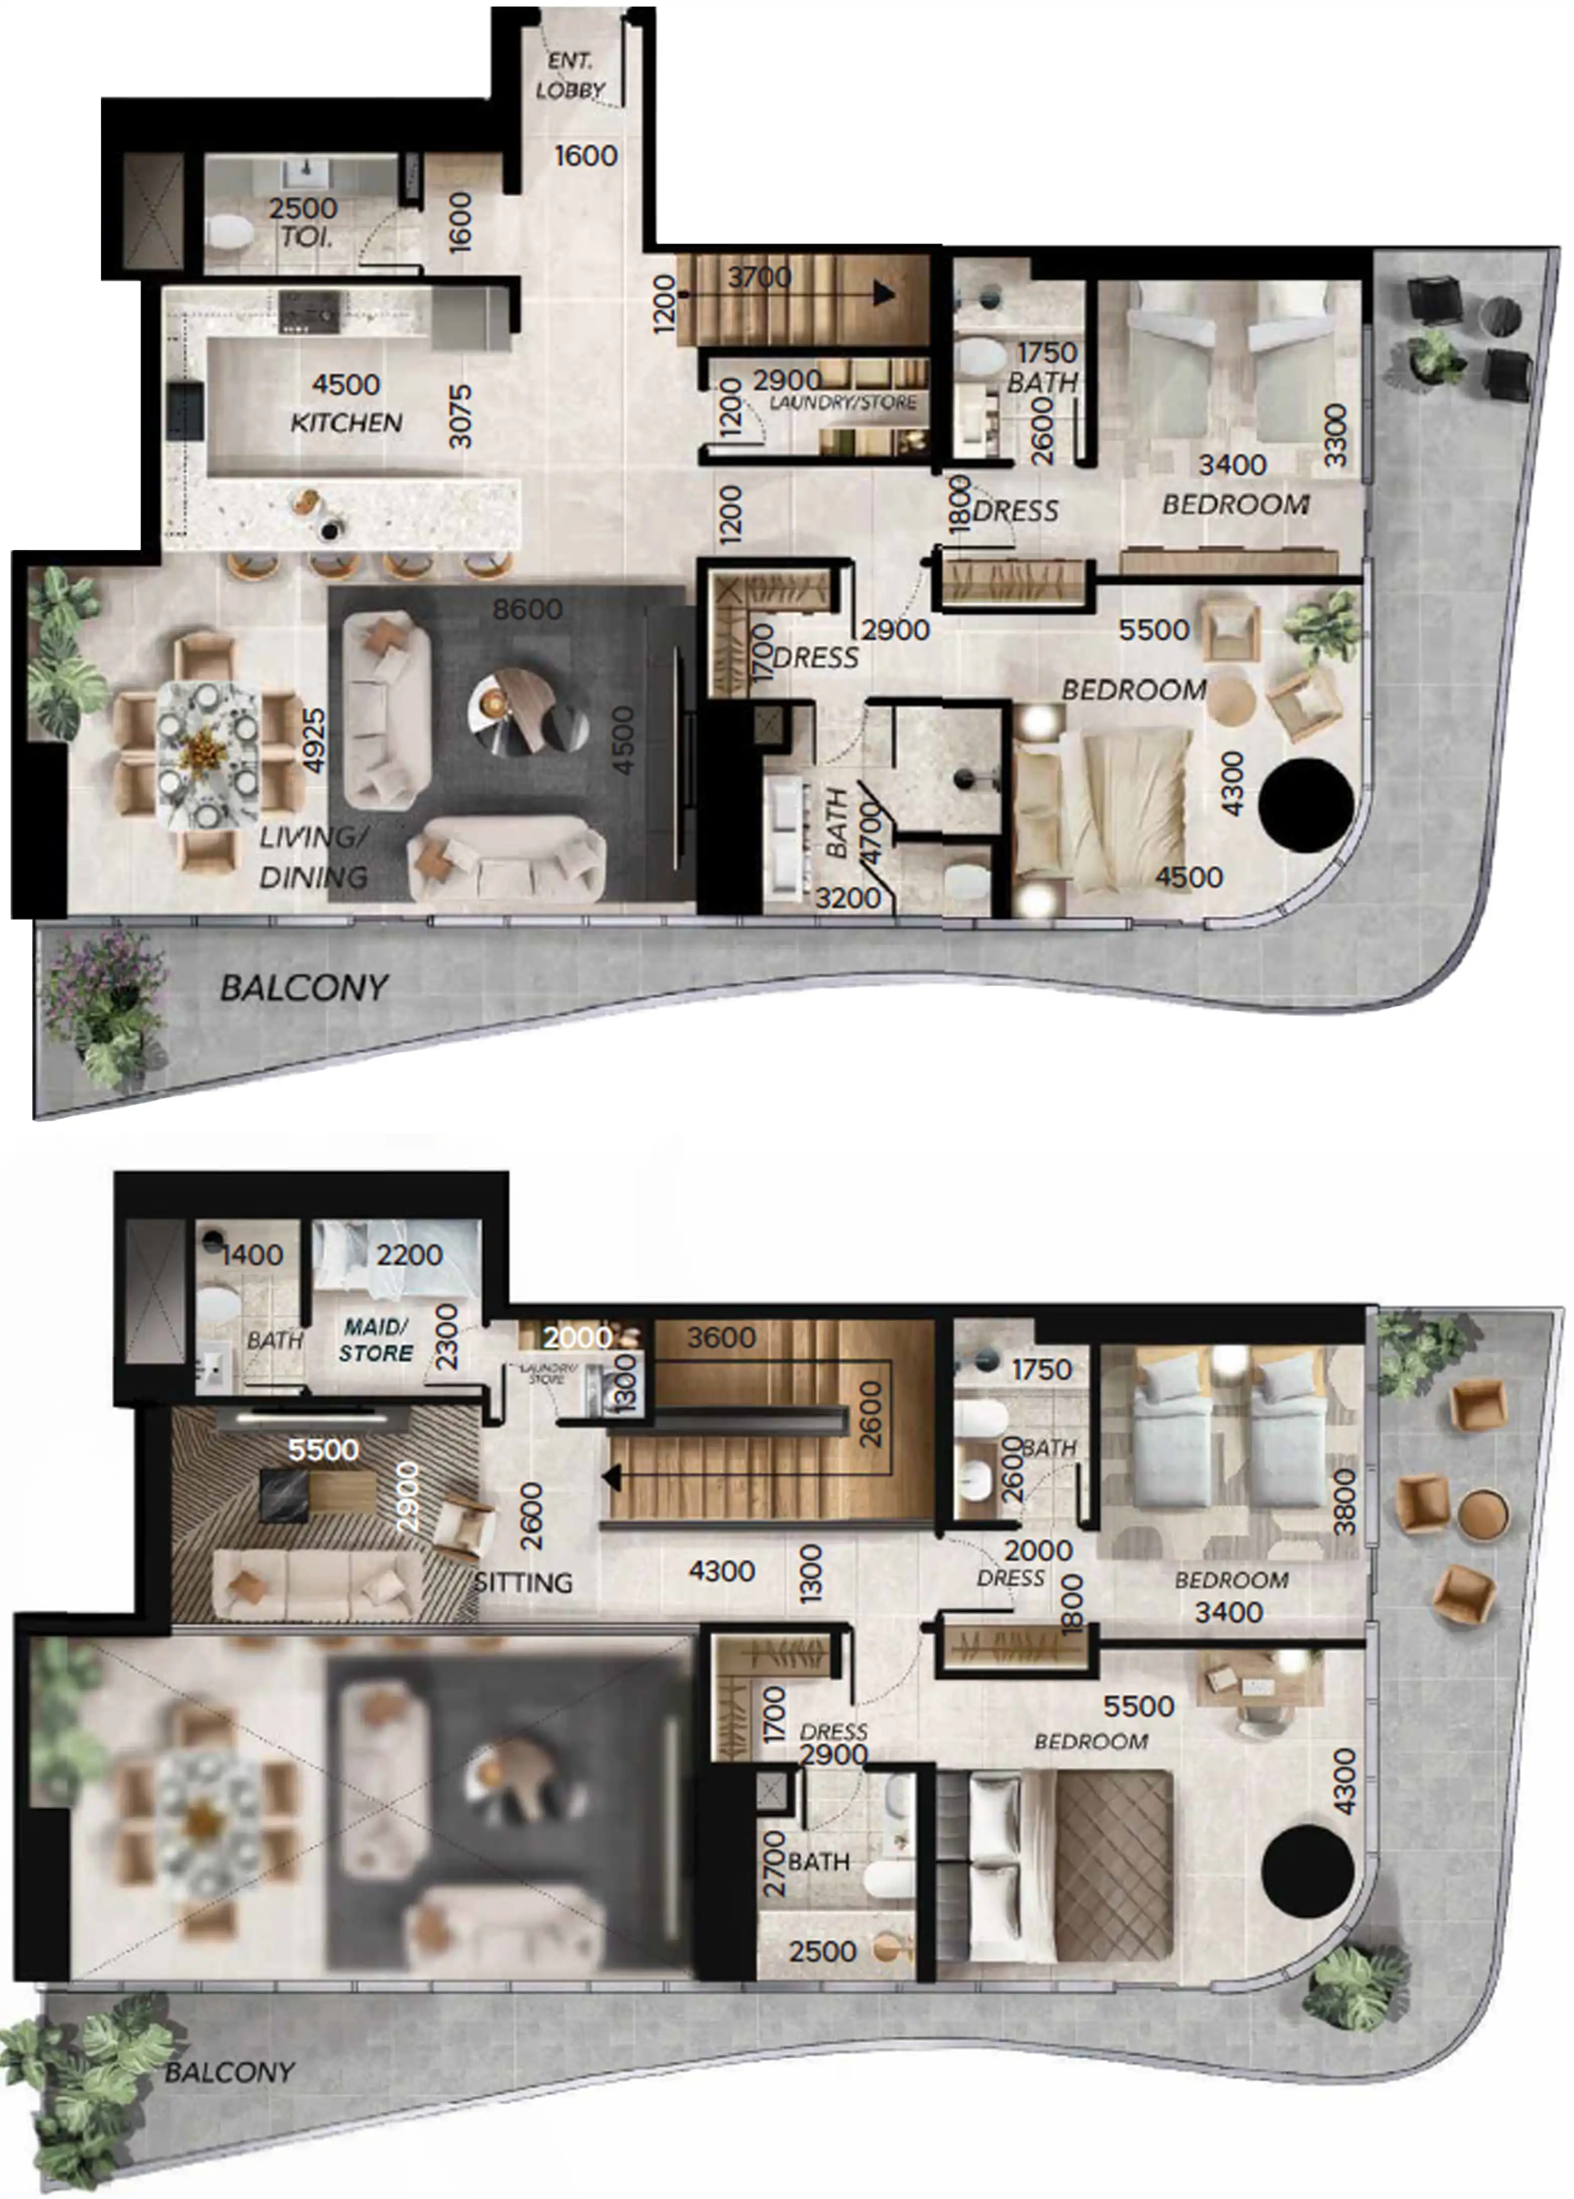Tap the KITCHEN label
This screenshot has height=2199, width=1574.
(x=346, y=422)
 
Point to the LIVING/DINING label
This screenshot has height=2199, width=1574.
(x=313, y=857)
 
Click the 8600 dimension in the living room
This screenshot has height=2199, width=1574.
(x=527, y=609)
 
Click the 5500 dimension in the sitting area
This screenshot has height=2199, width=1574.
(x=324, y=1450)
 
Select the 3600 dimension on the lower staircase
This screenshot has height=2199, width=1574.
(x=721, y=1338)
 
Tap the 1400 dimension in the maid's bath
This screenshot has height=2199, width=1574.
(x=252, y=1255)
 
